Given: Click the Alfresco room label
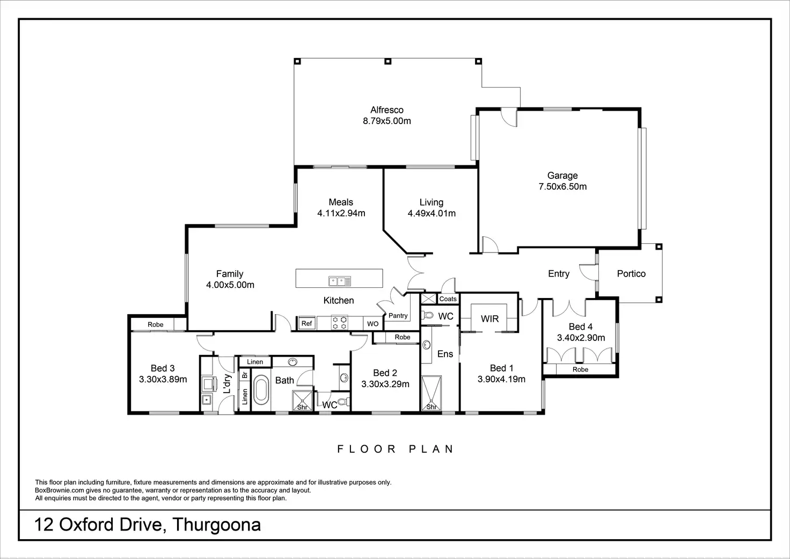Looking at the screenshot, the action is pyautogui.click(x=386, y=110).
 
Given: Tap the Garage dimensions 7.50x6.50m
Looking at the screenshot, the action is pyautogui.click(x=562, y=186).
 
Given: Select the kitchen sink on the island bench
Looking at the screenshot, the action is pyautogui.click(x=340, y=281).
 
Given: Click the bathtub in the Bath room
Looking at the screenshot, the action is pyautogui.click(x=261, y=390).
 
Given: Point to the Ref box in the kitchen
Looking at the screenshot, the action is pyautogui.click(x=306, y=323).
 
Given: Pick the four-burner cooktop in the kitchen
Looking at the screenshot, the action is pyautogui.click(x=340, y=323).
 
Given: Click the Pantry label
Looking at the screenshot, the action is pyautogui.click(x=398, y=316).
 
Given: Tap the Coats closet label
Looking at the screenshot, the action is pyautogui.click(x=448, y=299).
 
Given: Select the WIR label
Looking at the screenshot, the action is pyautogui.click(x=489, y=318).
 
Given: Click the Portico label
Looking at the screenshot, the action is pyautogui.click(x=631, y=273).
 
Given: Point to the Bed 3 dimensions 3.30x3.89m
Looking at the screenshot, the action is pyautogui.click(x=163, y=379).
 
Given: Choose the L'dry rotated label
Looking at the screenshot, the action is pyautogui.click(x=227, y=383).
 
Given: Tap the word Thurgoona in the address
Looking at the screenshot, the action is pyautogui.click(x=216, y=525).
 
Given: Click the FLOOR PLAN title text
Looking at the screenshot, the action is pyautogui.click(x=395, y=449).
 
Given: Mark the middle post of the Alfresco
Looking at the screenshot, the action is pyautogui.click(x=387, y=61).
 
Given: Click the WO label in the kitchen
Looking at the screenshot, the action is pyautogui.click(x=373, y=324).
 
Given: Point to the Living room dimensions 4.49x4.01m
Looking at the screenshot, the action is pyautogui.click(x=431, y=213).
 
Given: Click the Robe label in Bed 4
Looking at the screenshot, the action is pyautogui.click(x=580, y=369).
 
